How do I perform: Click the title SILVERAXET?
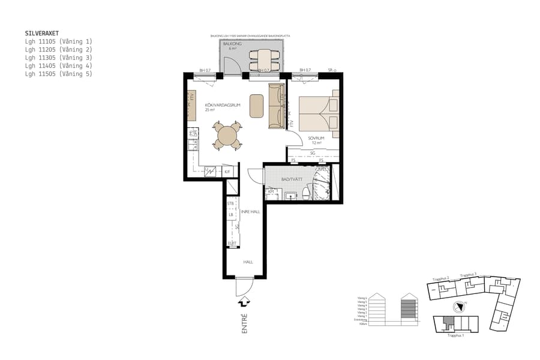pyautogui.click(x=42, y=34)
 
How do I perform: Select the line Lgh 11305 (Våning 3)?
pyautogui.click(x=59, y=58)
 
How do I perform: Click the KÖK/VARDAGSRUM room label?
pyautogui.click(x=223, y=105)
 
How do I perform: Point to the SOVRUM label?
pyautogui.click(x=316, y=138)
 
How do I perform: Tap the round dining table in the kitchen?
pyautogui.click(x=227, y=136)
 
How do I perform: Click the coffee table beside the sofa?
pyautogui.click(x=256, y=106)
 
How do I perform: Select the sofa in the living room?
pyautogui.click(x=277, y=106)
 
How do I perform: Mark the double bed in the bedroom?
pyautogui.click(x=319, y=112)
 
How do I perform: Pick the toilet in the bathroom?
pyautogui.click(x=306, y=193)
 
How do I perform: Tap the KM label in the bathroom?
pyautogui.click(x=271, y=191)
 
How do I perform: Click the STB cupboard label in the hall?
pyautogui.click(x=230, y=204)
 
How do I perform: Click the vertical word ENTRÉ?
pyautogui.click(x=244, y=323)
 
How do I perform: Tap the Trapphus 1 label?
pyautogui.click(x=456, y=335)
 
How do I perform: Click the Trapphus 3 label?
pyautogui.click(x=469, y=275)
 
